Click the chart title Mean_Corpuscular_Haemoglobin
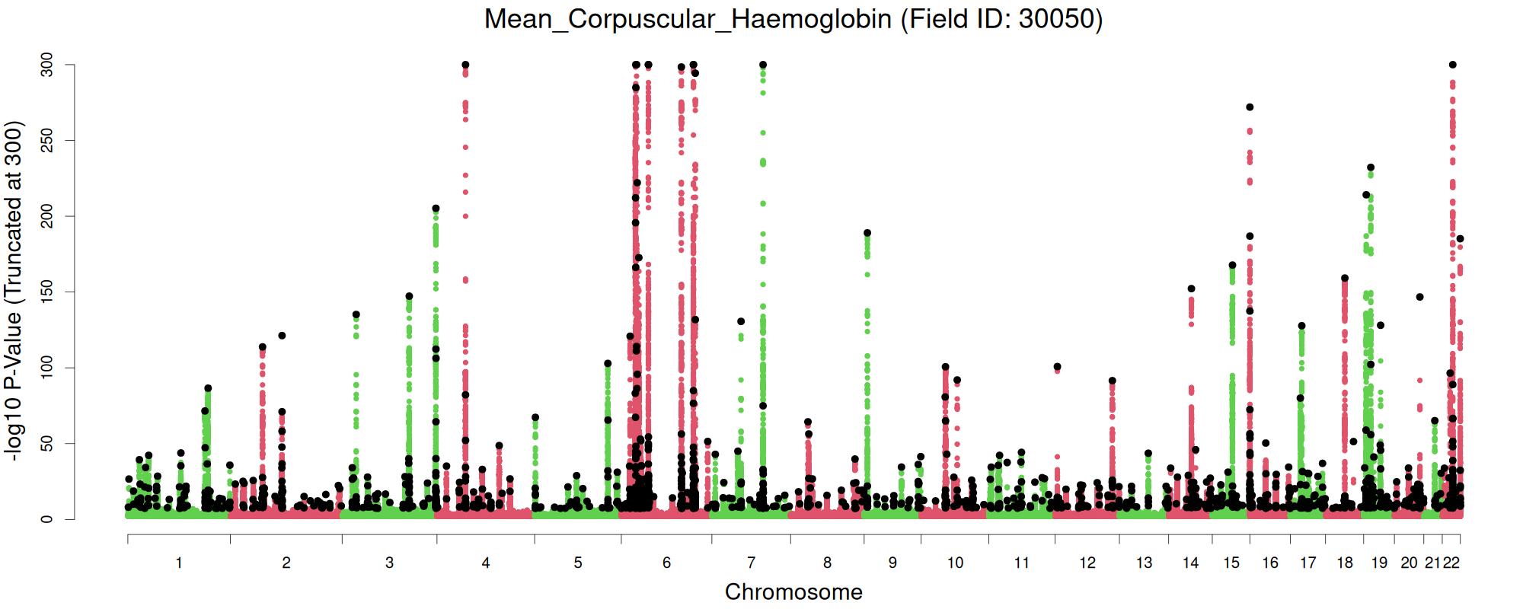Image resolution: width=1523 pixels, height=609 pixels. coord(793,18)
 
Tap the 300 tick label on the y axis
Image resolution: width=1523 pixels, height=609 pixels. coord(46,65)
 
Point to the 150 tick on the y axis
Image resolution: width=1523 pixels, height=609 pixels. coord(46,292)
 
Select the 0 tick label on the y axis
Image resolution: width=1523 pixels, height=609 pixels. coord(46,519)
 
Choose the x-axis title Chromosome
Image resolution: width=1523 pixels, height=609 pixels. coord(793,592)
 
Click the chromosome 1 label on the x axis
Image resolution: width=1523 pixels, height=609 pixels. coord(179,563)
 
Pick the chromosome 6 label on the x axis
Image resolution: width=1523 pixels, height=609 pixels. coord(667,563)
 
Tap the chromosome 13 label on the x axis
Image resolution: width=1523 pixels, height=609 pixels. coord(1144,563)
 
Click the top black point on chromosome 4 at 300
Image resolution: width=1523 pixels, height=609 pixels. coord(465,65)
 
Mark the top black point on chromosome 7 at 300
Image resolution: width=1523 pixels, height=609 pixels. coord(763,65)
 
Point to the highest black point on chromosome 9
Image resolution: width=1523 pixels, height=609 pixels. coord(867,233)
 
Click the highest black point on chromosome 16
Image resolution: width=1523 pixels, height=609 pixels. coord(1250,107)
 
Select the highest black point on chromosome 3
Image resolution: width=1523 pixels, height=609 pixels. coord(436,209)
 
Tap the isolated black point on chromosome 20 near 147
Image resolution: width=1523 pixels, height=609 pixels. coord(1419,297)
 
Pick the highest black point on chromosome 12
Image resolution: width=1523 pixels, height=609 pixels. coord(1112,381)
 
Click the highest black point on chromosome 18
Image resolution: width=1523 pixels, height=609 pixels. coord(1345,279)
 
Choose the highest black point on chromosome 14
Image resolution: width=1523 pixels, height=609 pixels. coord(1191,289)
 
